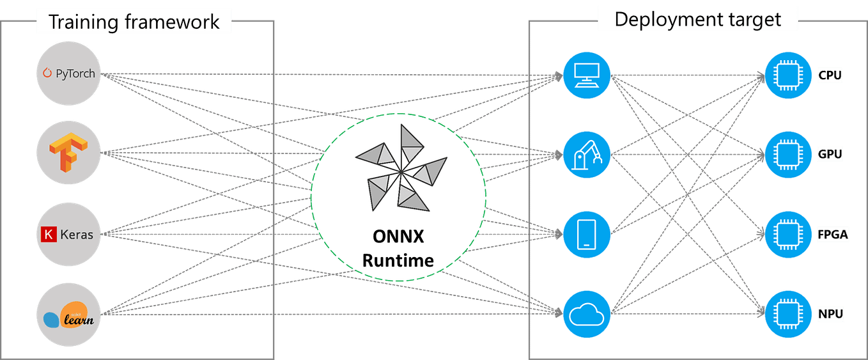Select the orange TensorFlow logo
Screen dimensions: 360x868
(69, 153)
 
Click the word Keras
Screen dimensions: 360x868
(77, 235)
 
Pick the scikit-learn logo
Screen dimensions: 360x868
(69, 314)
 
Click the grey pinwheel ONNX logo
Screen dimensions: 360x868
(399, 169)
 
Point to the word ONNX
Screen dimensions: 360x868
(398, 236)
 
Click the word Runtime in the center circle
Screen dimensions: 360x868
(398, 260)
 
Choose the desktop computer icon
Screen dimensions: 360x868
(586, 75)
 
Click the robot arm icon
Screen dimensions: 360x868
(586, 155)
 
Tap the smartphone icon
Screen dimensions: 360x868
(586, 234)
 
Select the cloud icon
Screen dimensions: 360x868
(586, 314)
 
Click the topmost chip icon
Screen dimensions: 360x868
(789, 75)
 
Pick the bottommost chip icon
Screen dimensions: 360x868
(789, 314)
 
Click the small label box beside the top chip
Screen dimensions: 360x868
(831, 75)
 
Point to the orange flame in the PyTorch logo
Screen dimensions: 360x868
(46, 74)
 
